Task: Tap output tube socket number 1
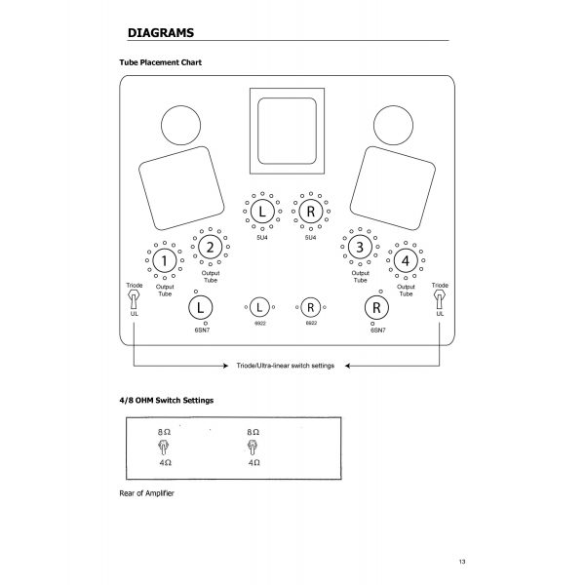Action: pos(166,260)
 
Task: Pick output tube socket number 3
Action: pos(360,247)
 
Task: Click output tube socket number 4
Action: pos(404,260)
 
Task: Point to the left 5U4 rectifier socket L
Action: pos(260,211)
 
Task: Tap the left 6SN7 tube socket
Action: pos(199,307)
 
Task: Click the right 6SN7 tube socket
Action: pos(373,307)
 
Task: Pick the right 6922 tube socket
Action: pos(311,307)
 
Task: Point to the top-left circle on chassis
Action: pos(178,125)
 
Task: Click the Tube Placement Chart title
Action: pos(160,62)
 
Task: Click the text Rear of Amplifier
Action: pos(145,492)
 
